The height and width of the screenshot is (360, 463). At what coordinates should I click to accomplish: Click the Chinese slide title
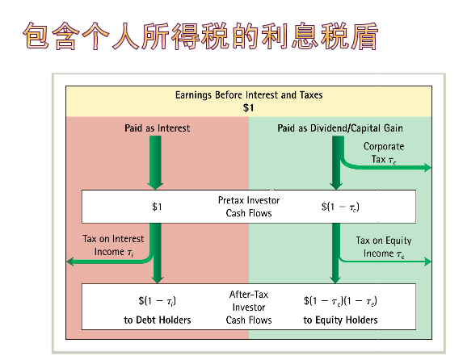[200, 36]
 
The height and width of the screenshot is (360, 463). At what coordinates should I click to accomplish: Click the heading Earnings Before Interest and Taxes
[249, 95]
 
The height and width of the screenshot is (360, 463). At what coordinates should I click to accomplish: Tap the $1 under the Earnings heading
[248, 107]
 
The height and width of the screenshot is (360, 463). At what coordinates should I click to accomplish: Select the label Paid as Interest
[157, 128]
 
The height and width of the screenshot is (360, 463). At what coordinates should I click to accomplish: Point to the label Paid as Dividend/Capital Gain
[340, 128]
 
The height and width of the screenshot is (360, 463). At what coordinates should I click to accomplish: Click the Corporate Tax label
[384, 153]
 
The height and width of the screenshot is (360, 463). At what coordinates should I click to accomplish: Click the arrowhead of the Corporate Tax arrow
[428, 168]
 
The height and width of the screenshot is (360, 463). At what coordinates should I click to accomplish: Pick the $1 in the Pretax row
[157, 207]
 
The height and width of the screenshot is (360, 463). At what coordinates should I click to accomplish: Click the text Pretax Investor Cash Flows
[249, 207]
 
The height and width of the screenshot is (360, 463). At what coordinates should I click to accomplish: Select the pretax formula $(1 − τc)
[340, 207]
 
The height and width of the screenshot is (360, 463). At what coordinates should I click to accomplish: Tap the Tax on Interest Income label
[113, 245]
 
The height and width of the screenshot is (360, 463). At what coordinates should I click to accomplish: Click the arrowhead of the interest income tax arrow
[70, 262]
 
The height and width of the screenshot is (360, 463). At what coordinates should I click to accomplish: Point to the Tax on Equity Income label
[384, 247]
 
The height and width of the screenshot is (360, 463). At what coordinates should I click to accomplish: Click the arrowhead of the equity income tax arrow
[428, 262]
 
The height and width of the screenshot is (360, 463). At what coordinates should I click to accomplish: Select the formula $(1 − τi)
[157, 301]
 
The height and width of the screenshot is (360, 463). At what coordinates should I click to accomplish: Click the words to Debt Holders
[158, 320]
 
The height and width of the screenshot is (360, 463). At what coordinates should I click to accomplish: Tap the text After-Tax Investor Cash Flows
[249, 308]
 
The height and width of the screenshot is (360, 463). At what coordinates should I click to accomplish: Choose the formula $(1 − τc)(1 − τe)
[340, 301]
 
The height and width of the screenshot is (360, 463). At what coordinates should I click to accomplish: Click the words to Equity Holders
[340, 320]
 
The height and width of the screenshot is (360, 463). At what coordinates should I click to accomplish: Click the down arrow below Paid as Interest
[155, 162]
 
